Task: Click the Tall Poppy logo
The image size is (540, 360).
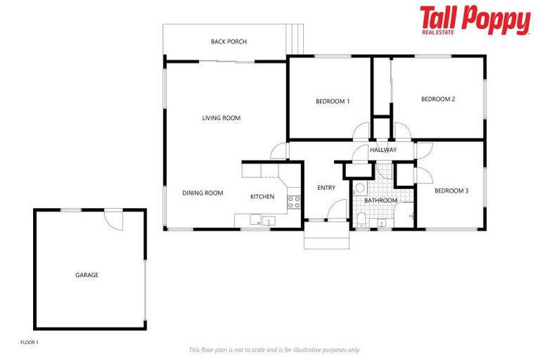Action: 475,20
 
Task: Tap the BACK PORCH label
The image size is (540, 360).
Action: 229,41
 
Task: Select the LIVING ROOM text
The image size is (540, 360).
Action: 221,118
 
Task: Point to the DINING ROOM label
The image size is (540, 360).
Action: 202,193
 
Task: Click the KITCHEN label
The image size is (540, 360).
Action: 262,197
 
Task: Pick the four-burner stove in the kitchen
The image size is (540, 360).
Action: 294,202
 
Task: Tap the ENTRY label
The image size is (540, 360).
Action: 326,188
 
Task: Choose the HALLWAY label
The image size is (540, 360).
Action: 383,150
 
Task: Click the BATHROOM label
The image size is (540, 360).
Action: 380,200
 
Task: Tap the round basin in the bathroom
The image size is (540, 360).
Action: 359,188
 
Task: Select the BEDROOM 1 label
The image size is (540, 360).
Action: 333,101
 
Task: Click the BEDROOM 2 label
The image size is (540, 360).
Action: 438,99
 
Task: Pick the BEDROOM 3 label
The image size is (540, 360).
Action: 451,191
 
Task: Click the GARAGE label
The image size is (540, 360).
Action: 87,275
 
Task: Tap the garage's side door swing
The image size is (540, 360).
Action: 113,220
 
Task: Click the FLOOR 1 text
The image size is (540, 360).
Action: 30,342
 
